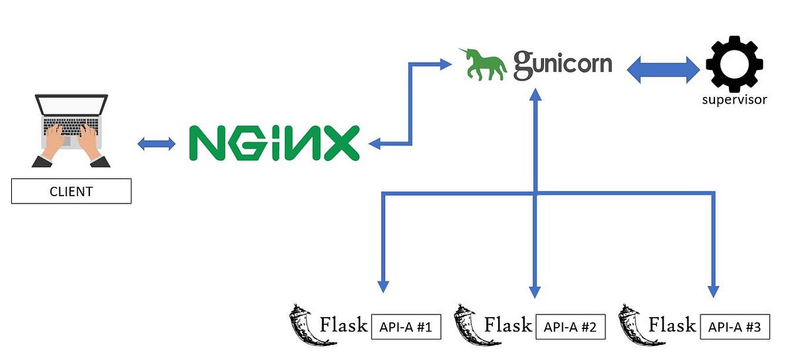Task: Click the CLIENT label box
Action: coord(71,192)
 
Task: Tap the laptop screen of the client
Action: coord(71,106)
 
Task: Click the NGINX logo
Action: coord(274,142)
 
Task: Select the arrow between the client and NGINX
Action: coord(157,143)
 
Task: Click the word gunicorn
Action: coord(563,65)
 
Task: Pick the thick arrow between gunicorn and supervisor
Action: coord(663,69)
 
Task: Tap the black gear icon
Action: coord(734,64)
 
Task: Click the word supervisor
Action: coord(734,100)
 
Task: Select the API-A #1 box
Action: coord(406,327)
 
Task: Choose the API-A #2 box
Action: coord(571,327)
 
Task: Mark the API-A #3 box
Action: coord(735,327)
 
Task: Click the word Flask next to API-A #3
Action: coord(672,324)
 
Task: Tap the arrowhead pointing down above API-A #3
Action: coord(713,290)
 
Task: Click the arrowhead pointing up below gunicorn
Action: coord(535,94)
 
